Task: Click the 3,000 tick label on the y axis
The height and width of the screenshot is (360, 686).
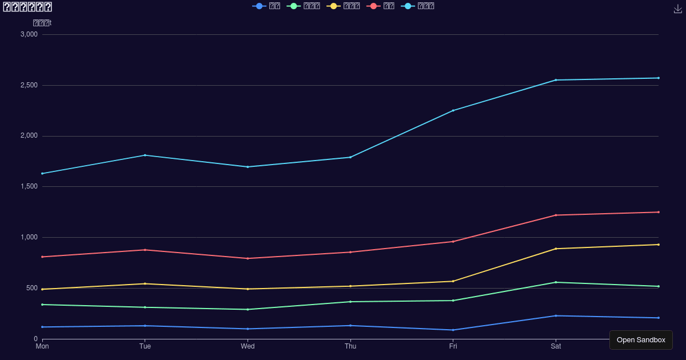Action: [x=29, y=34]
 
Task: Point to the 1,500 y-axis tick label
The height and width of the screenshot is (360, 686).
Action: [x=29, y=187]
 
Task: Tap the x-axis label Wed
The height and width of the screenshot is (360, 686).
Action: [x=248, y=346]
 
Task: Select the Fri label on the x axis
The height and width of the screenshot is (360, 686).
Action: [x=453, y=346]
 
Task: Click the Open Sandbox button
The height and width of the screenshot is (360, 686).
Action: [x=641, y=340]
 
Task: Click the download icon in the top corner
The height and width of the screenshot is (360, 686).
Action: [x=678, y=9]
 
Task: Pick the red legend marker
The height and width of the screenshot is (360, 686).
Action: [x=374, y=6]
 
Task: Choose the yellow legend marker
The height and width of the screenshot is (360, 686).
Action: [x=334, y=6]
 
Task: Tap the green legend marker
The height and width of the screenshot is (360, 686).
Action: [x=294, y=6]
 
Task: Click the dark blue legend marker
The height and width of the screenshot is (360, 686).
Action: [x=260, y=6]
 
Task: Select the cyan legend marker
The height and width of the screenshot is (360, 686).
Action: [x=408, y=6]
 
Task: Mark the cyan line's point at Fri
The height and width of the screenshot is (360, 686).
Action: [x=453, y=110]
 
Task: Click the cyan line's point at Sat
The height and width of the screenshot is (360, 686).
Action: [x=556, y=80]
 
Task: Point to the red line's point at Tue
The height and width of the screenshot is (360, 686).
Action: [x=145, y=250]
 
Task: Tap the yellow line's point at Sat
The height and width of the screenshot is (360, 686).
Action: [x=556, y=249]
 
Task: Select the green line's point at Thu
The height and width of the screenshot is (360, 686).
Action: [x=350, y=302]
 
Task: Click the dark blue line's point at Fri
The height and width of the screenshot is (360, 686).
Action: [x=453, y=330]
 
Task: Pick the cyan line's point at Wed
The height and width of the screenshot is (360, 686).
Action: [x=248, y=167]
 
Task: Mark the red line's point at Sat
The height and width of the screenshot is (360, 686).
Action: [x=556, y=215]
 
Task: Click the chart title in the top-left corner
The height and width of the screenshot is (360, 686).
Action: [x=27, y=7]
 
